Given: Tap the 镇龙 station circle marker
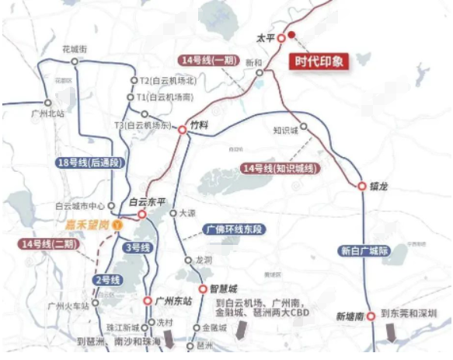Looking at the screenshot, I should tap(361, 186).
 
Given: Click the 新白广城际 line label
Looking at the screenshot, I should tap(362, 250).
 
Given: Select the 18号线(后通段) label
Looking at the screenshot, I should tap(91, 163).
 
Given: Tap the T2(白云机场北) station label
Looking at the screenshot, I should tap(167, 81).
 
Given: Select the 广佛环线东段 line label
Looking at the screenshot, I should tap(235, 229).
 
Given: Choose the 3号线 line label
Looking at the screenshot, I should tap(137, 248).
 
